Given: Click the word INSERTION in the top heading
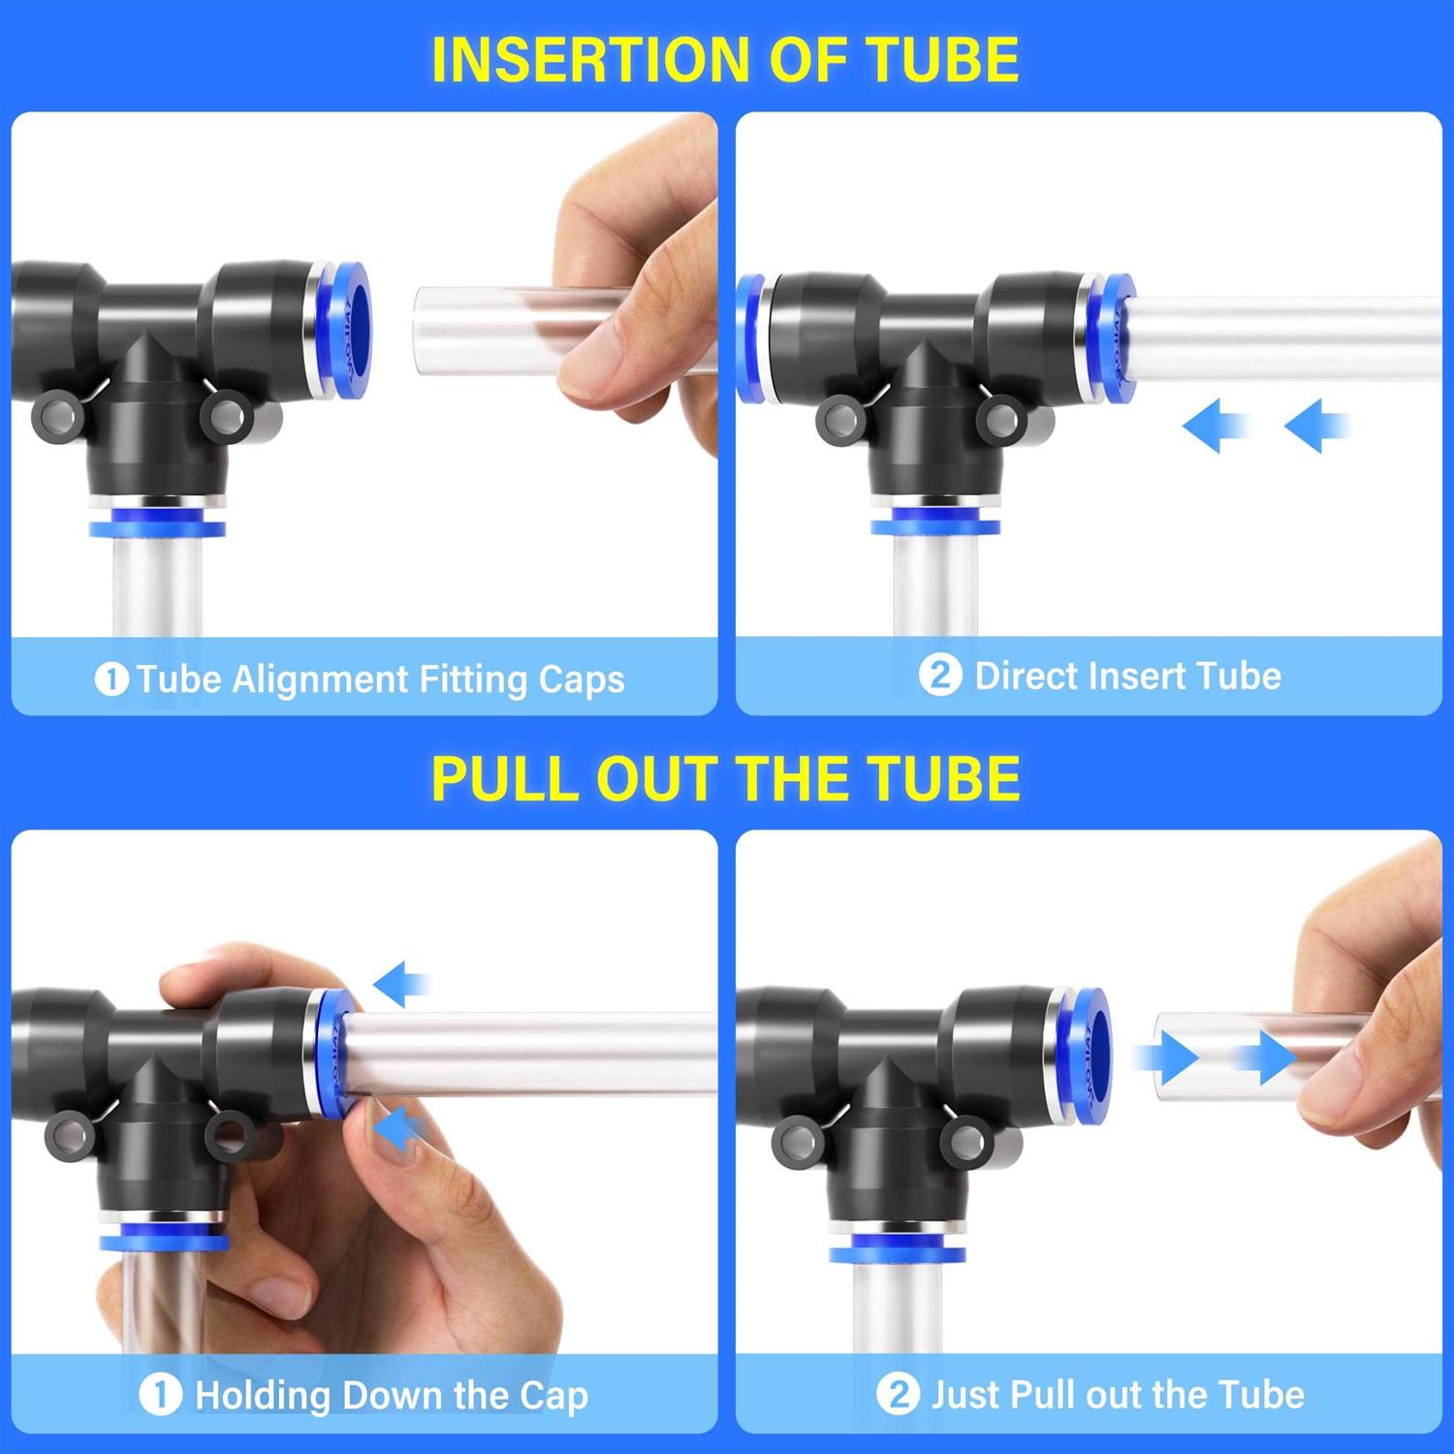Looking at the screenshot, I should tap(592, 60).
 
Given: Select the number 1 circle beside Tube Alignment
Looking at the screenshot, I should tap(111, 679).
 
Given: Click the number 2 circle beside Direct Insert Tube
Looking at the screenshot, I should tap(939, 675).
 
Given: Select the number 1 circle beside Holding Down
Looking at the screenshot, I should tap(160, 1395).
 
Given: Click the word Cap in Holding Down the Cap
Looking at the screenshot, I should tap(553, 1396).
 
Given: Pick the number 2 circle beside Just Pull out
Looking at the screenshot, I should tap(898, 1395).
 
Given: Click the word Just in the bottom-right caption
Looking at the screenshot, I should tap(966, 1395).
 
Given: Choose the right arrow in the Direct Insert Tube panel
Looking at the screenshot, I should tap(1315, 426).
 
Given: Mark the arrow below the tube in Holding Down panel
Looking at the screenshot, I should tap(400, 1129).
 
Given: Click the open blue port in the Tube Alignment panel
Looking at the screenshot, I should tap(349, 328).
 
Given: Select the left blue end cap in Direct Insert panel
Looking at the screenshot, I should tap(748, 337).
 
